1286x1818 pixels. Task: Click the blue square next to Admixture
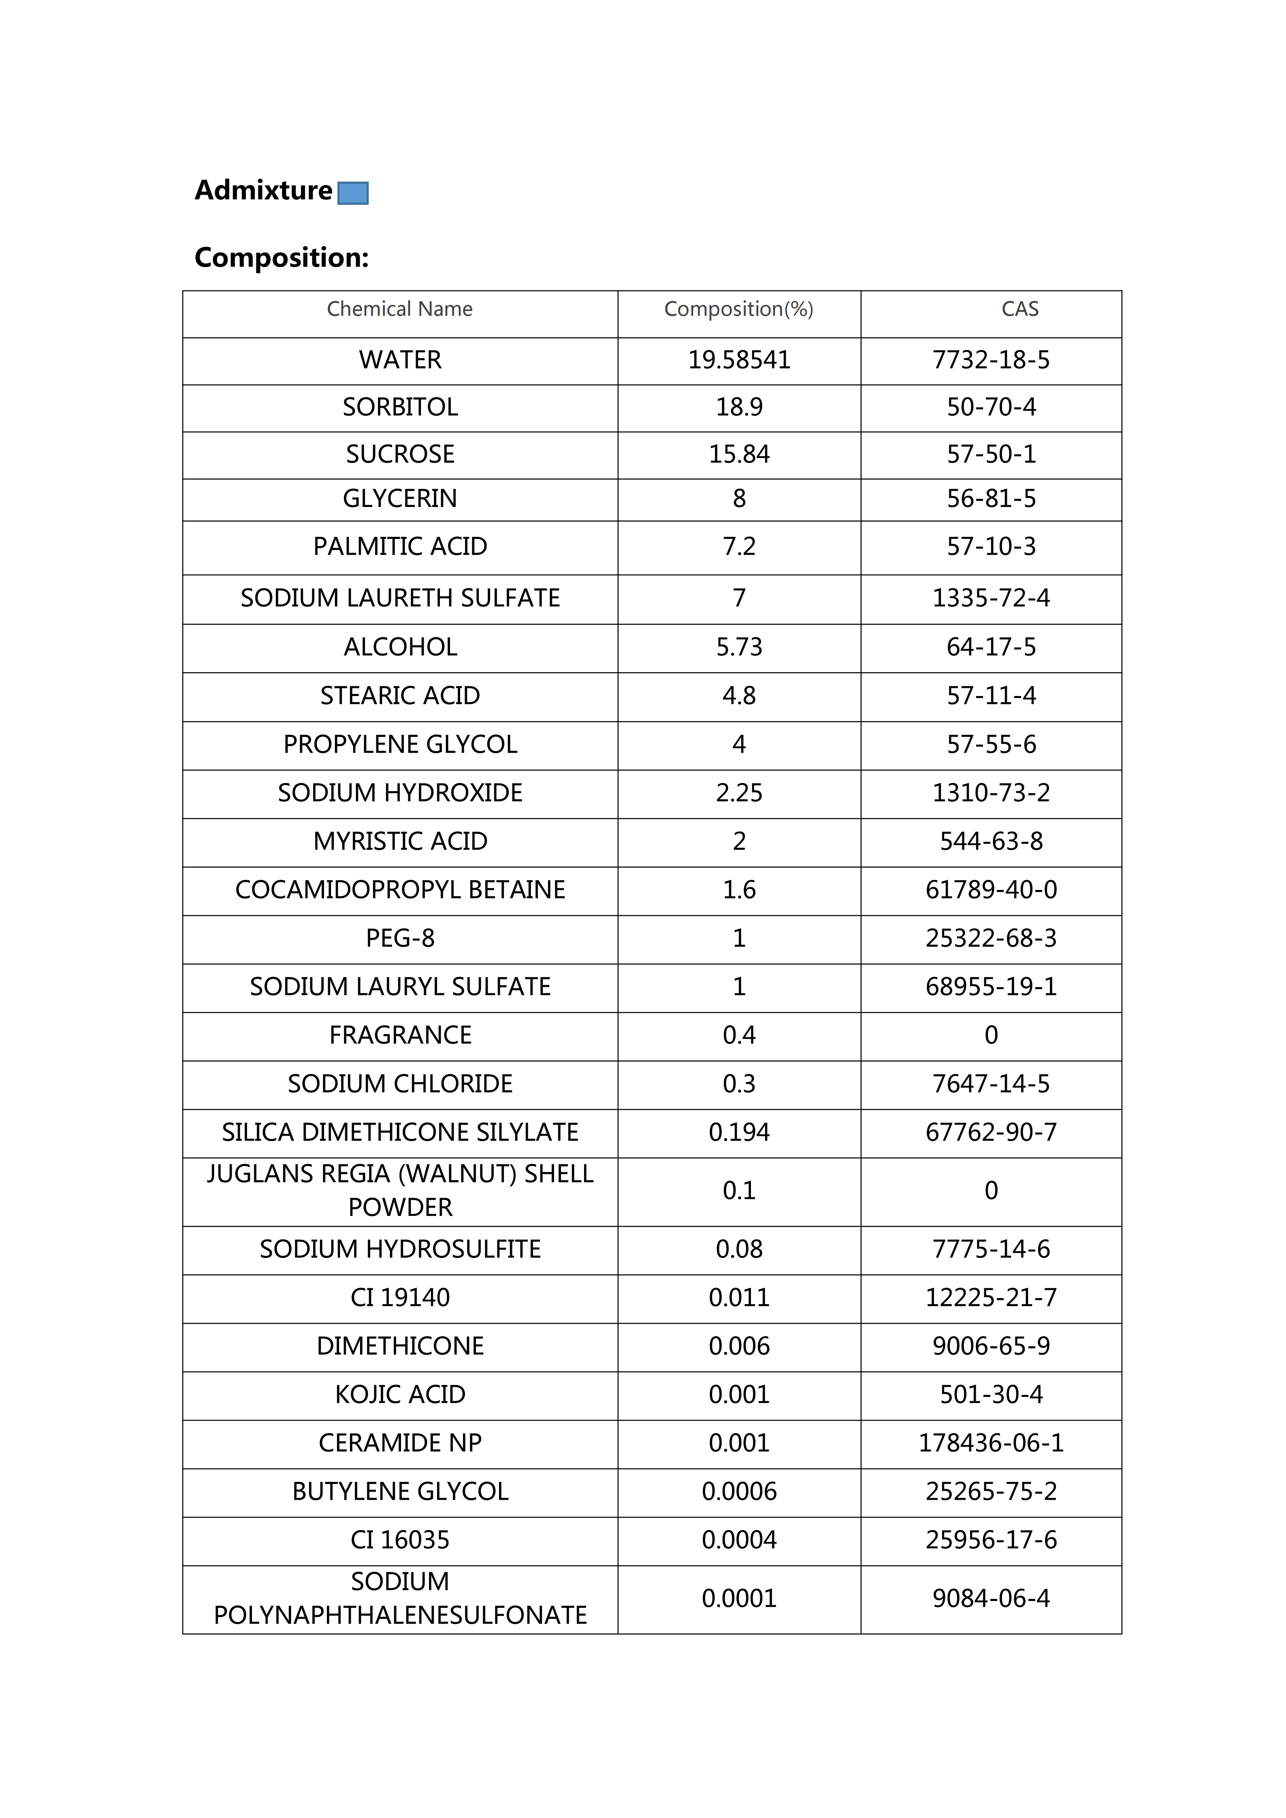coord(353,193)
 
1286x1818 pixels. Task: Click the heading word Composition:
coord(282,258)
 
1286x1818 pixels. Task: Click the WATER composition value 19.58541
coord(739,360)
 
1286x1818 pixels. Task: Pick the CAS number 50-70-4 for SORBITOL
coord(992,407)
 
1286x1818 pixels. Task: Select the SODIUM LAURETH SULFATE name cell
coord(400,598)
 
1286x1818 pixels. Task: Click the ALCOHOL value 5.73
coord(739,647)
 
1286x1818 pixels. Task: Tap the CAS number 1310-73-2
coord(992,793)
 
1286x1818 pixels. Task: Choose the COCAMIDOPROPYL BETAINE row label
coord(400,890)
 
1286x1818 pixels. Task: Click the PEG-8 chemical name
coord(400,938)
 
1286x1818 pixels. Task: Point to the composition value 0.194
coord(739,1132)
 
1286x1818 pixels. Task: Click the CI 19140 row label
coord(400,1298)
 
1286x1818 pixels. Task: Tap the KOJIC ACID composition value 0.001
coord(739,1394)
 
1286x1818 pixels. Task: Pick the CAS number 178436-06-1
coord(992,1443)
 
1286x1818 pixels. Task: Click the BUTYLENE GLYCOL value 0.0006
coord(739,1492)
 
